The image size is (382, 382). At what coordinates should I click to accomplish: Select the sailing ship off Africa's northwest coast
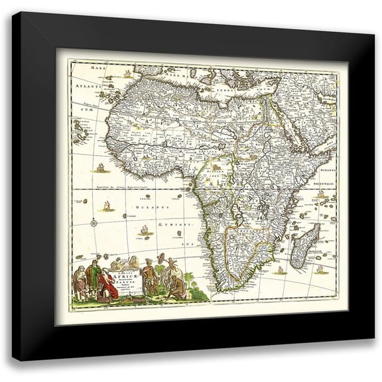coord(100,166)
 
